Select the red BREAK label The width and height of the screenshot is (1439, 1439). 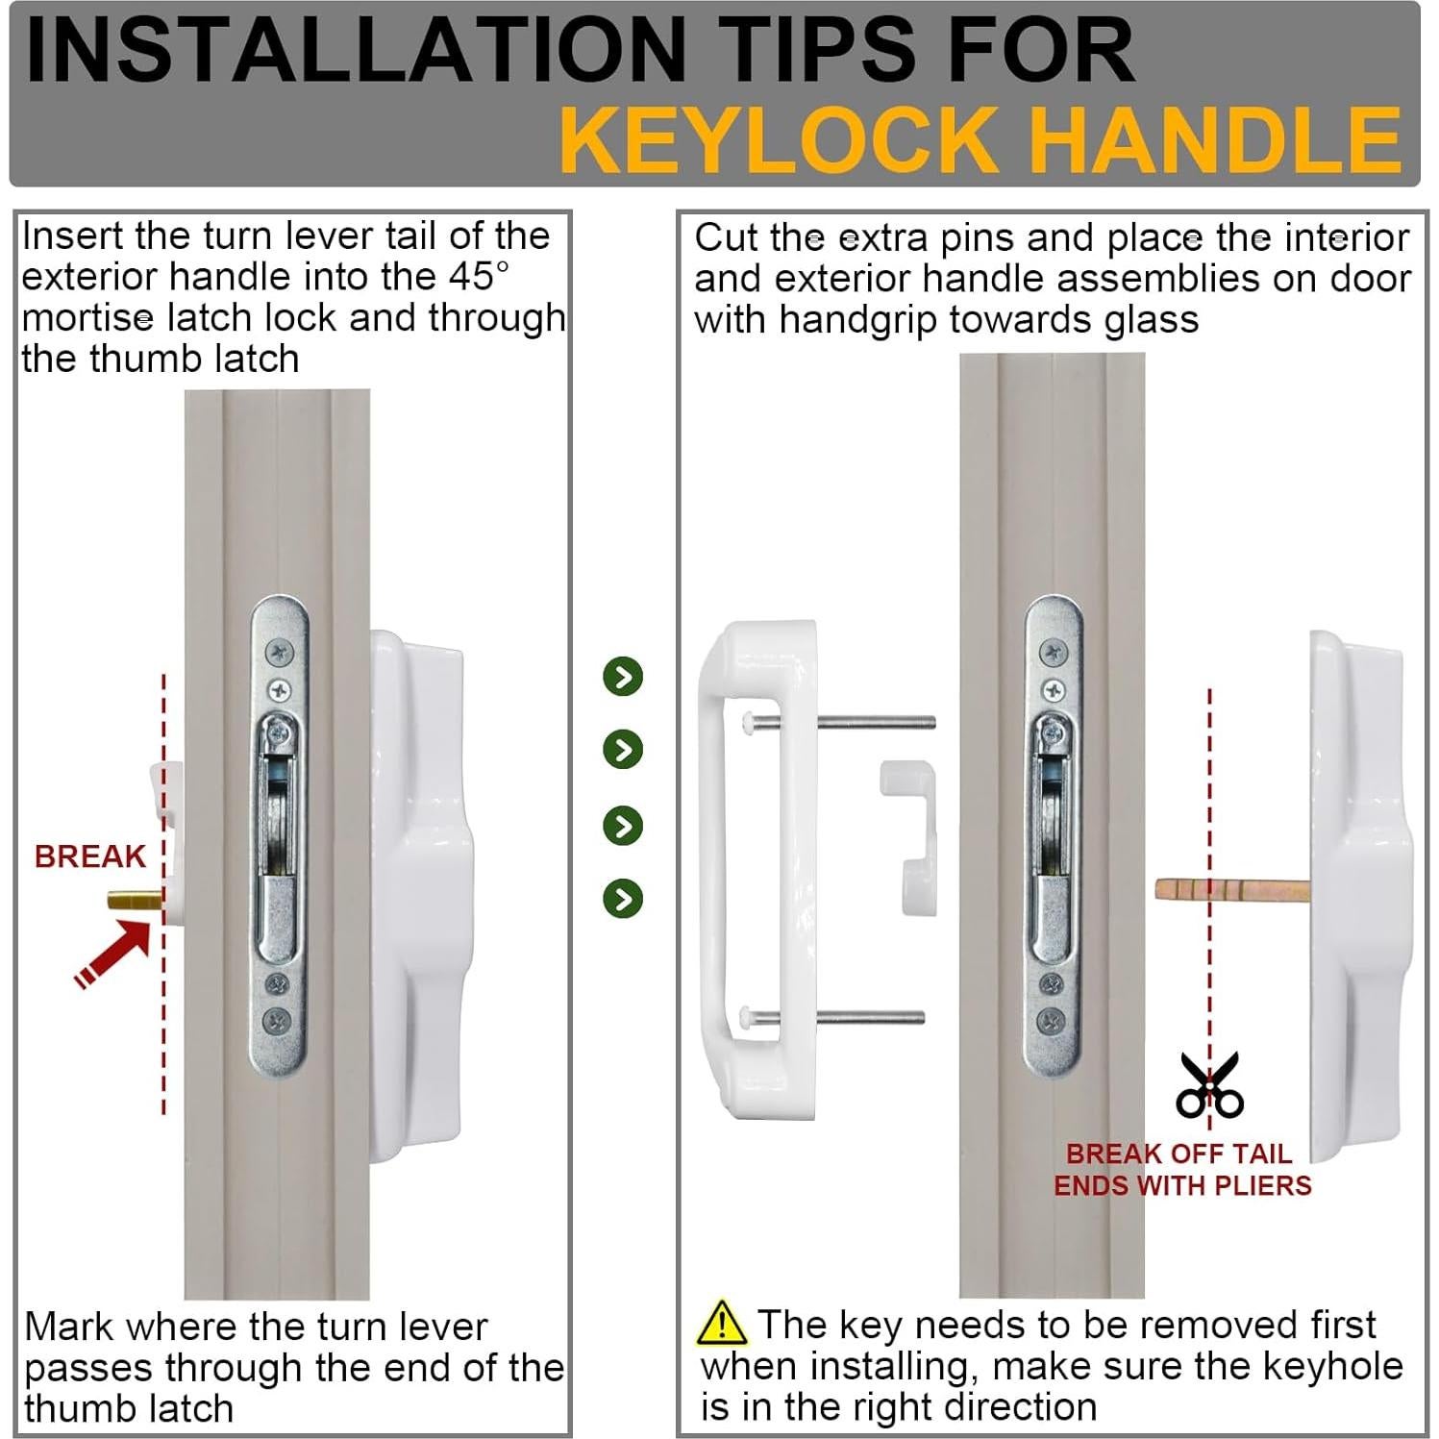click(x=89, y=856)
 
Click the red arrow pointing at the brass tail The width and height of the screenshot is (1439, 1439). click(x=113, y=953)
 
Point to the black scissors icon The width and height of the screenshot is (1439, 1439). click(x=1209, y=1085)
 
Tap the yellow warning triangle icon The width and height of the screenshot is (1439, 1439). click(x=721, y=1323)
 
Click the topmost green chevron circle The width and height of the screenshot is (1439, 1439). click(x=623, y=677)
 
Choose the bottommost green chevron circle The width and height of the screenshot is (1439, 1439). click(x=623, y=899)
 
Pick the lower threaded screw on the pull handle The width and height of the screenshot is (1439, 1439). click(x=833, y=1017)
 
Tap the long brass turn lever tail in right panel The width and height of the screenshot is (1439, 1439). click(x=1233, y=889)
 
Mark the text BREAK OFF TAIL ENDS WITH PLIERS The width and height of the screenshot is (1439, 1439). click(x=1182, y=1169)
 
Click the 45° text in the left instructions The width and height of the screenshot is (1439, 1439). click(x=477, y=276)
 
